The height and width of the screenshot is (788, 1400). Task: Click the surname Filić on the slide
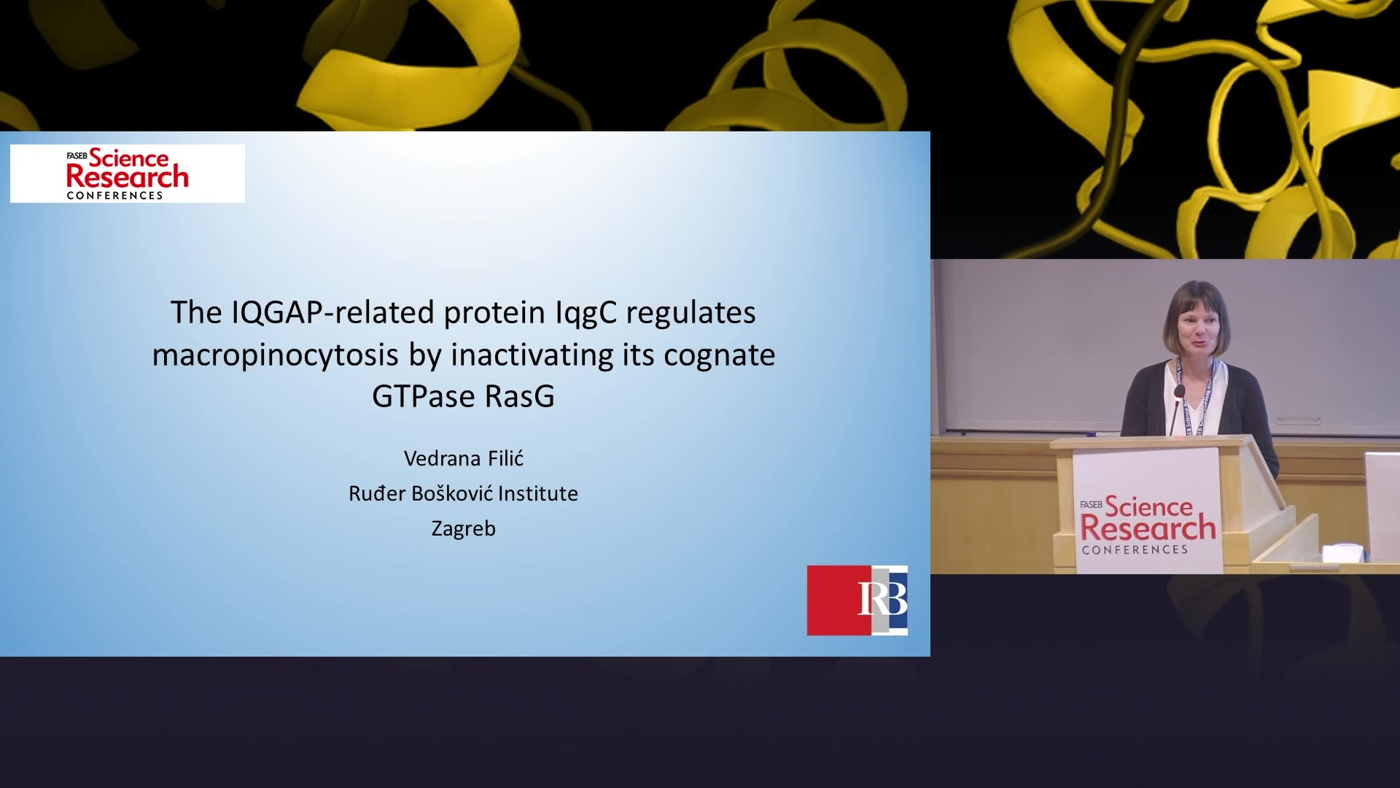tap(505, 458)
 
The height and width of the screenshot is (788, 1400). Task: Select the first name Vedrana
tap(442, 458)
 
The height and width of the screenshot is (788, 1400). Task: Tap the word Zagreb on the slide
tap(464, 528)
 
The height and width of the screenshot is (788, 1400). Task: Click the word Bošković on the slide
tap(451, 493)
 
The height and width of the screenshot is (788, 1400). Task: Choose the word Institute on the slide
tap(538, 493)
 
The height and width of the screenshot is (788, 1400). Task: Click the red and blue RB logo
tap(857, 600)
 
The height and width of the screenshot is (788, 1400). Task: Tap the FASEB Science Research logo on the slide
tap(128, 174)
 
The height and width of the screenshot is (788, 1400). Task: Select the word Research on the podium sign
tap(1148, 528)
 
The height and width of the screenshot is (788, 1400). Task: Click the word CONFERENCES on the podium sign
tap(1135, 549)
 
